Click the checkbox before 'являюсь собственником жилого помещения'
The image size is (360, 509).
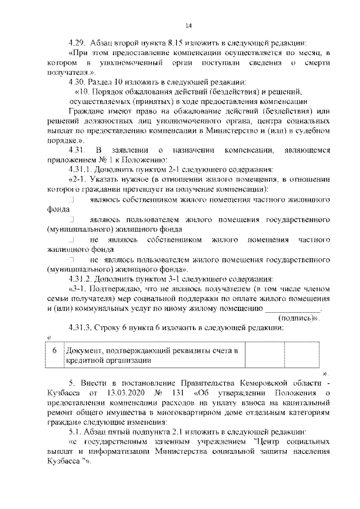click(x=71, y=199)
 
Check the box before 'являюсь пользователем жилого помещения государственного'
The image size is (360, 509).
click(x=71, y=219)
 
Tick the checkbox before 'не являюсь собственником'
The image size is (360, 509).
click(x=71, y=240)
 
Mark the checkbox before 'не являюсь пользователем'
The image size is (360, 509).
click(x=71, y=260)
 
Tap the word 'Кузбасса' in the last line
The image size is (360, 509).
click(x=64, y=461)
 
